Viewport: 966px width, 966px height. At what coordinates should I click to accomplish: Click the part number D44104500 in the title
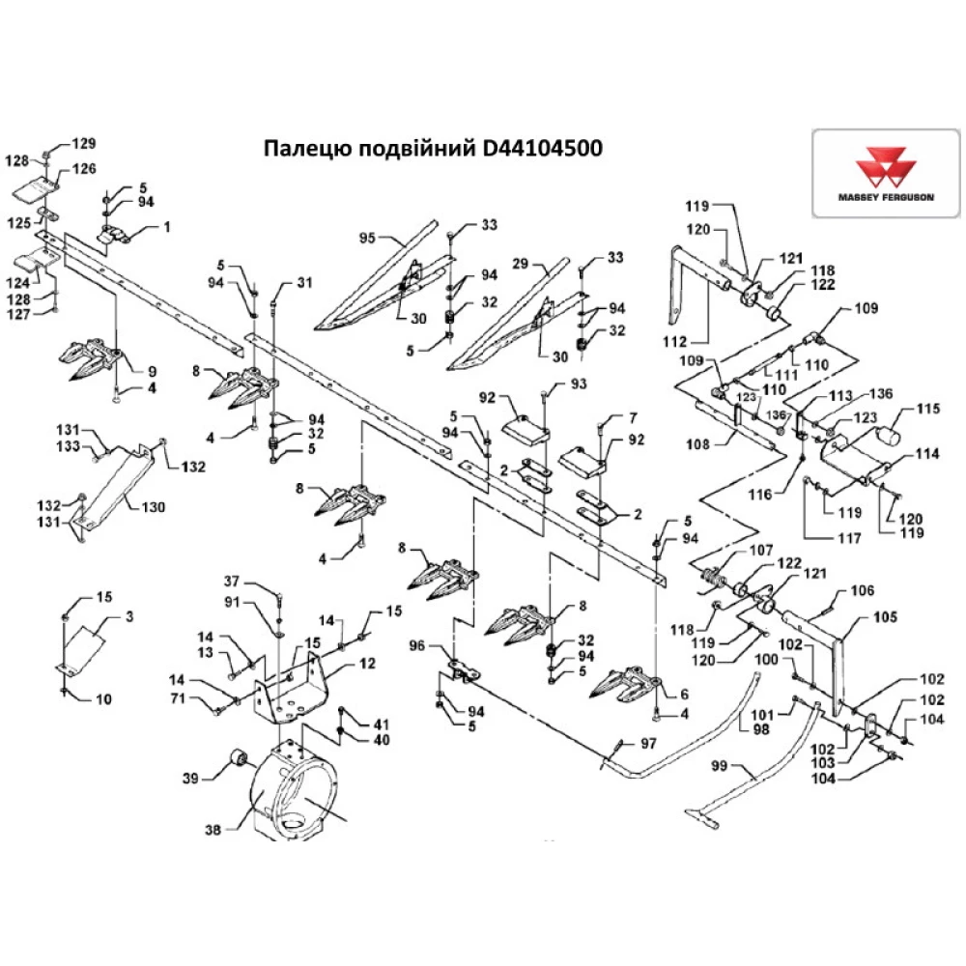(542, 150)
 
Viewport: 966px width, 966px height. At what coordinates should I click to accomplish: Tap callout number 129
(86, 143)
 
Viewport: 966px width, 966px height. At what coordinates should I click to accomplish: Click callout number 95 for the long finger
(366, 237)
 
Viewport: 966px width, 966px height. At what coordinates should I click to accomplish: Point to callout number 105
(885, 616)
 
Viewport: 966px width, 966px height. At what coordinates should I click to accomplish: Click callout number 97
(650, 744)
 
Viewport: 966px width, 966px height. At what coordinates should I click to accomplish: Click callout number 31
(305, 282)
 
